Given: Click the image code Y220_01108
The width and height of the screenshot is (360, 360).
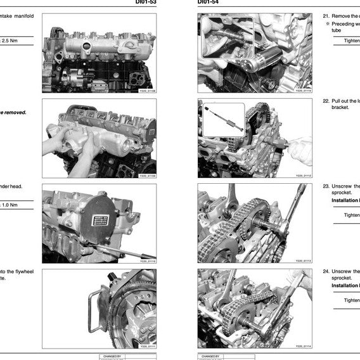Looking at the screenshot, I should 146,91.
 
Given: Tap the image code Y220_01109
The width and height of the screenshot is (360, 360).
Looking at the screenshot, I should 146,176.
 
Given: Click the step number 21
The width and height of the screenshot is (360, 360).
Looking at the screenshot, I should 326,16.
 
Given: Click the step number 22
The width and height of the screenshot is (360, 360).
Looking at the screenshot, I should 326,101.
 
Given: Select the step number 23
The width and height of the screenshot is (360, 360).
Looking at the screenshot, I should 326,186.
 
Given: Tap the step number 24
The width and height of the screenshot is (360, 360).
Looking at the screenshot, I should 326,271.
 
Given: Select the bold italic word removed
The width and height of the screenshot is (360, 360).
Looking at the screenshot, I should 14,112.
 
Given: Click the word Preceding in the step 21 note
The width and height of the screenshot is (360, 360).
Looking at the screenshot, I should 345,23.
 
